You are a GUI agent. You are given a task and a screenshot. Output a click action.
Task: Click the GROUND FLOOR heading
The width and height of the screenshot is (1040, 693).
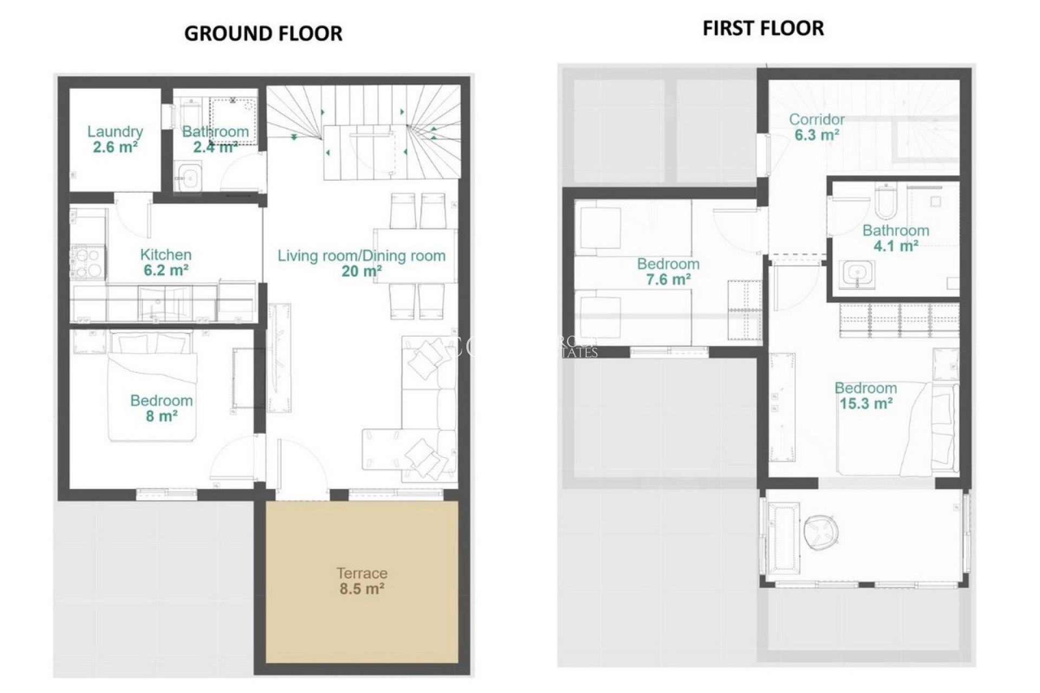click(263, 34)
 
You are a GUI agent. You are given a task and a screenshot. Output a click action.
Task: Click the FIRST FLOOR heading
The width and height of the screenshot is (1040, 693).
click(763, 28)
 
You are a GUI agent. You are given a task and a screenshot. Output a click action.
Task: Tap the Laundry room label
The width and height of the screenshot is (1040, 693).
click(115, 132)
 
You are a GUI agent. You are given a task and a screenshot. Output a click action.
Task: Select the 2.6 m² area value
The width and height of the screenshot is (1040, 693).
click(115, 147)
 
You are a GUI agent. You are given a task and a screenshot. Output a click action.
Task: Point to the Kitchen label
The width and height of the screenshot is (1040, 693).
click(166, 254)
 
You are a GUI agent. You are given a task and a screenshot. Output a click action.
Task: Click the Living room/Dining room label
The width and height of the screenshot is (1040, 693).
click(361, 256)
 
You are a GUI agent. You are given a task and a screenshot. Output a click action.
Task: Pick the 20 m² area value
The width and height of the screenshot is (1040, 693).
click(361, 271)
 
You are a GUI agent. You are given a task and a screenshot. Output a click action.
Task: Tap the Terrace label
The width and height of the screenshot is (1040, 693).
click(362, 573)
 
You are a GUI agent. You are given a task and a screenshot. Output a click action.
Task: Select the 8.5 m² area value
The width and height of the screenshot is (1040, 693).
click(362, 589)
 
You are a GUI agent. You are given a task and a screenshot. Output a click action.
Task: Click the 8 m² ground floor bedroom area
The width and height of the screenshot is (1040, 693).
click(161, 416)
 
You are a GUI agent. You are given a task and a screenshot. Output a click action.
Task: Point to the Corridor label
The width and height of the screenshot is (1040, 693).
click(817, 119)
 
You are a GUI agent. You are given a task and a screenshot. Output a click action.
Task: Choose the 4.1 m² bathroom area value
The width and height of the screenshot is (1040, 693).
click(895, 246)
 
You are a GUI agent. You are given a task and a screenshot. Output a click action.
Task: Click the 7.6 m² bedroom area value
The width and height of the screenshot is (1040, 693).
click(668, 279)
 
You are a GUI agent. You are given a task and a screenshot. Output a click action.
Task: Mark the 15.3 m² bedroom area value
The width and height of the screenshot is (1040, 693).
click(866, 403)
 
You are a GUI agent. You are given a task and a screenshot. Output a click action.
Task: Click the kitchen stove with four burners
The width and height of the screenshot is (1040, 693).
click(87, 263)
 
